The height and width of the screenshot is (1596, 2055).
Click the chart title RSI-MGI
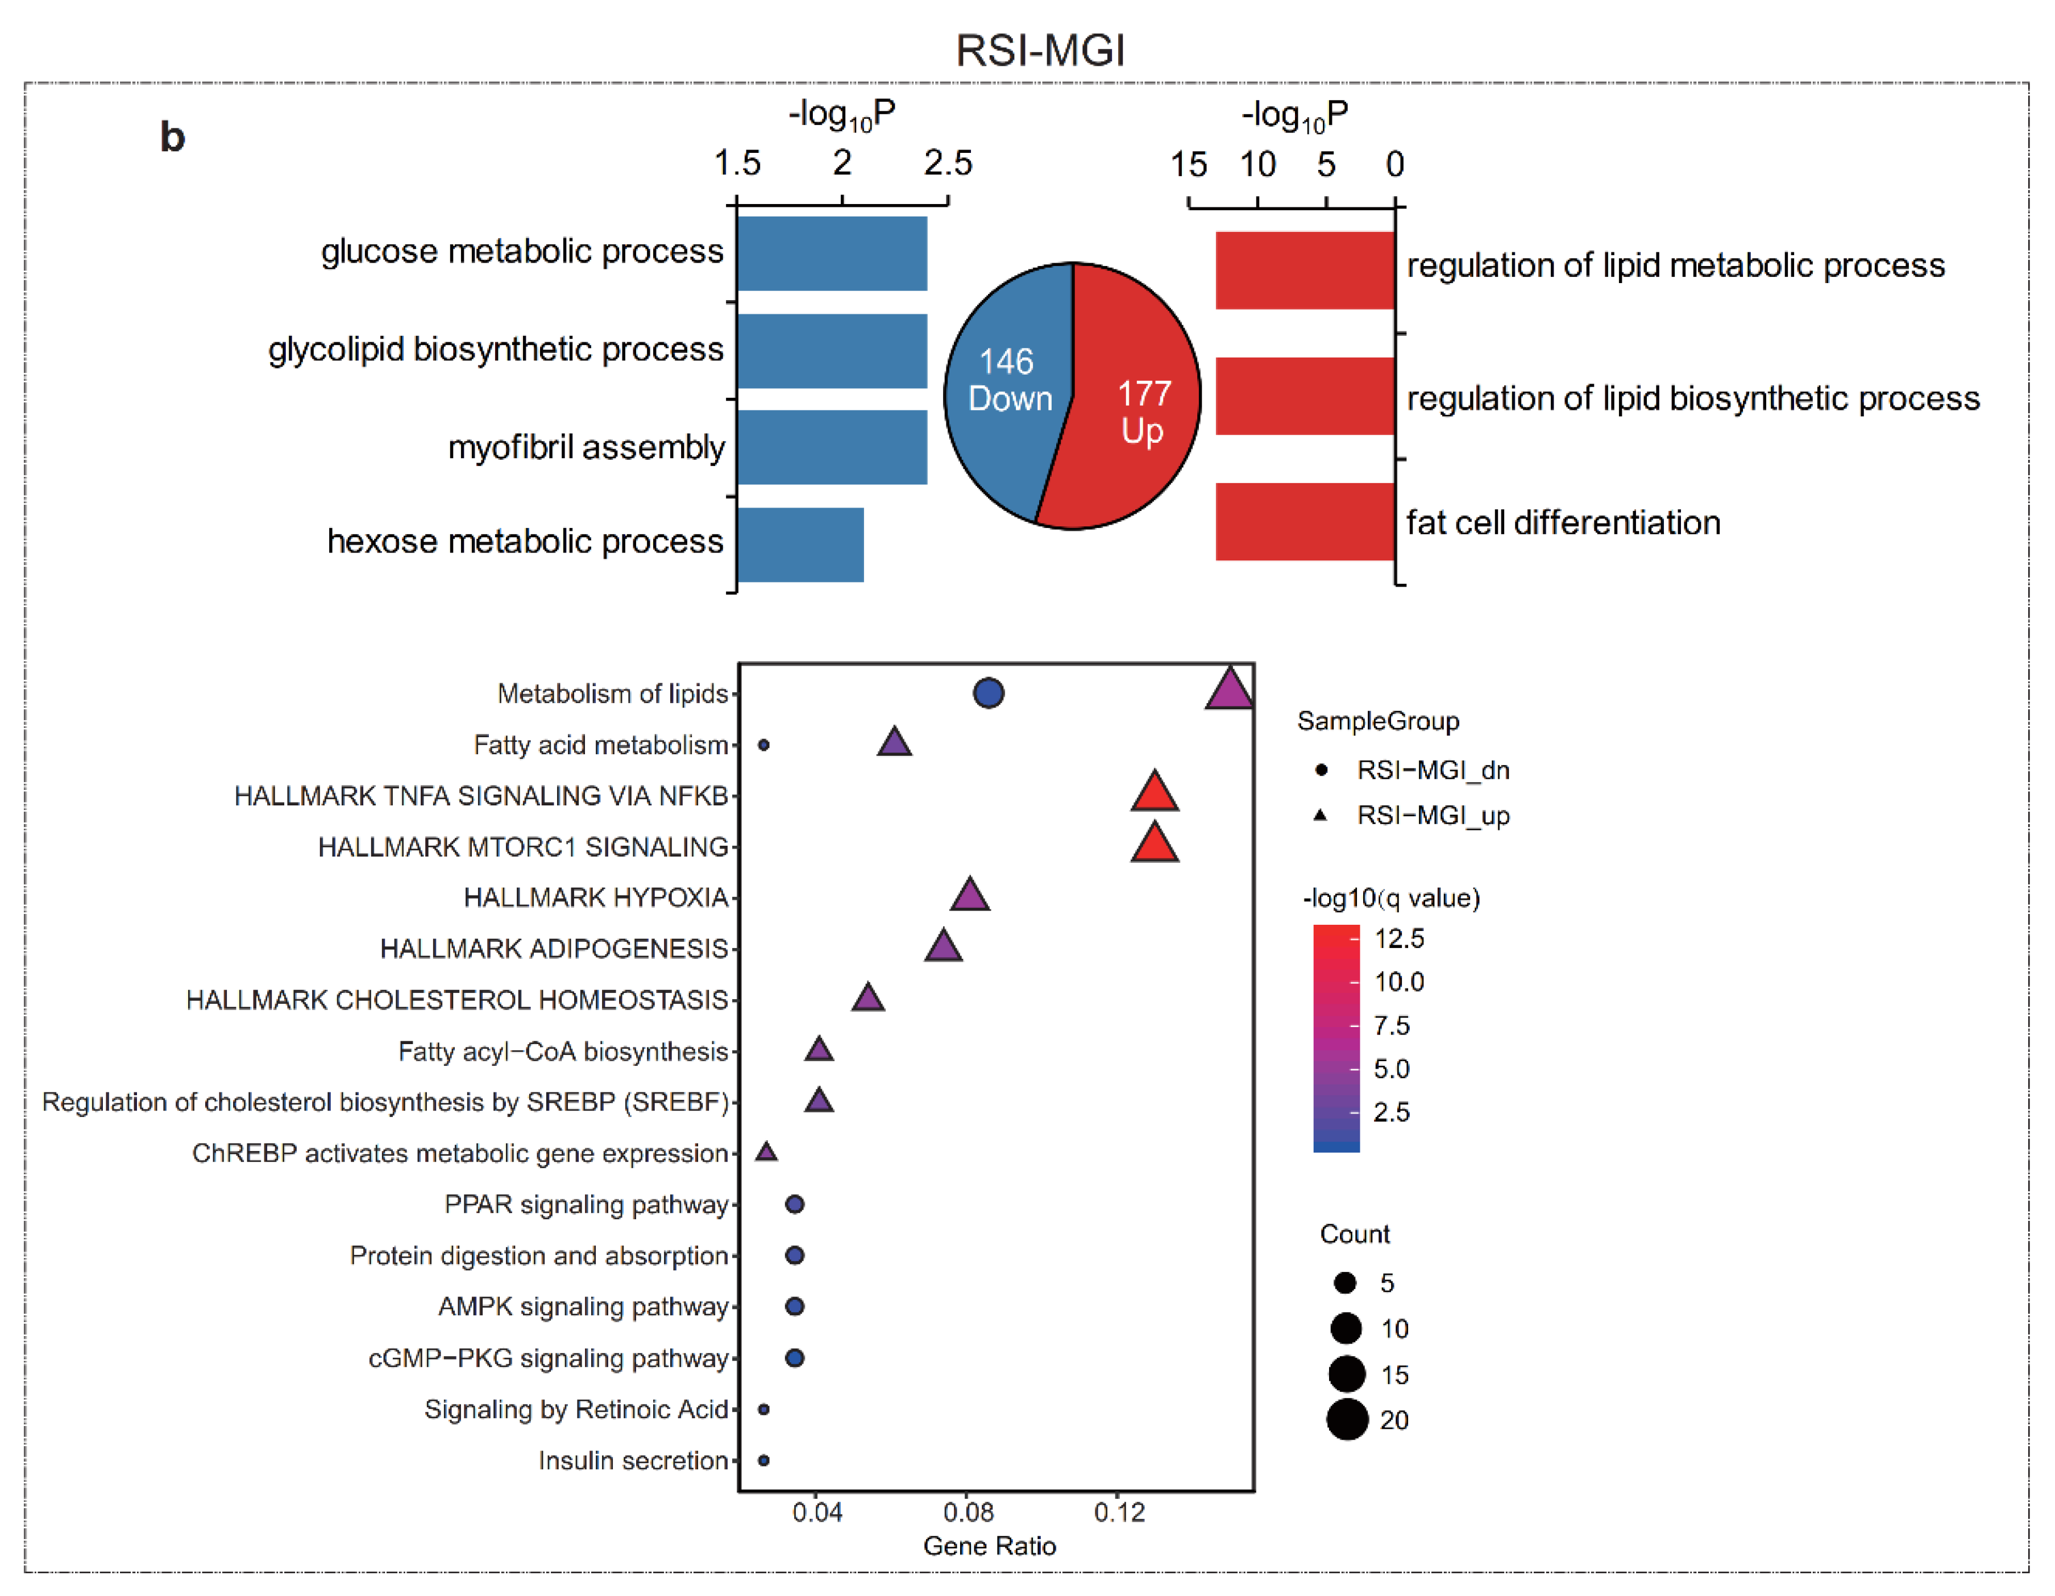tap(1040, 50)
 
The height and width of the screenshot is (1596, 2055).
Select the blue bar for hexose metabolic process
tap(800, 545)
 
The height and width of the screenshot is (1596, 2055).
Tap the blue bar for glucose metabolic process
tap(832, 253)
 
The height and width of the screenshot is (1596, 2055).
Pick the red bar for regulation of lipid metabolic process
tap(1304, 270)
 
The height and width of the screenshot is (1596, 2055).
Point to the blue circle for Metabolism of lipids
tap(988, 693)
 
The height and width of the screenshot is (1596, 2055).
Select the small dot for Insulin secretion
tap(764, 1461)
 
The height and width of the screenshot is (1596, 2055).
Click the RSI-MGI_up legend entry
tap(1432, 815)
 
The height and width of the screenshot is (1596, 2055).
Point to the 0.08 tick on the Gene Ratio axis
tap(968, 1512)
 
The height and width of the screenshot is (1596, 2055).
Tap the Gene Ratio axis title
tap(989, 1546)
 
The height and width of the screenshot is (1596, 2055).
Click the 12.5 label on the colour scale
tap(1399, 938)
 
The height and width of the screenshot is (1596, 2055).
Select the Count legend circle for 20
tap(1347, 1420)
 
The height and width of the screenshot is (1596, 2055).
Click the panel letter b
tap(172, 138)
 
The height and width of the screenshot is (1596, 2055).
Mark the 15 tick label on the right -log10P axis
tap(1189, 165)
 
